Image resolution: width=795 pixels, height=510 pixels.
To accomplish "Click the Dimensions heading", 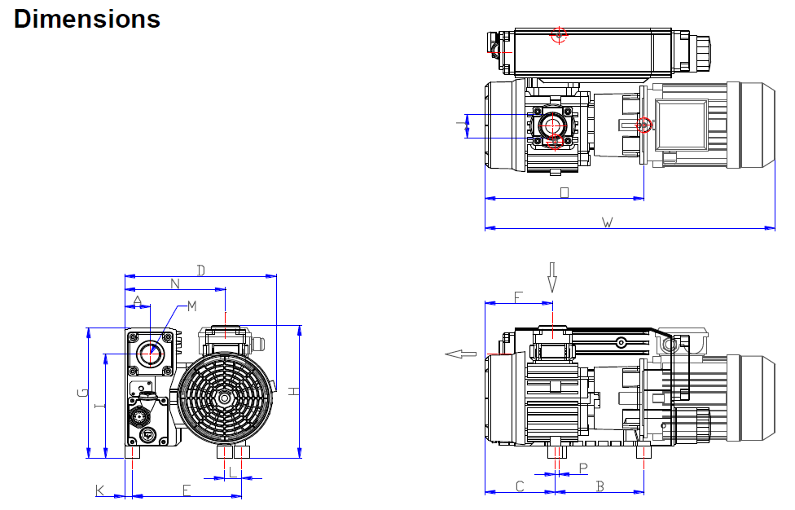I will click(x=87, y=19).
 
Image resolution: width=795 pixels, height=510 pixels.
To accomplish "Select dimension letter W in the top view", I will click(x=607, y=222).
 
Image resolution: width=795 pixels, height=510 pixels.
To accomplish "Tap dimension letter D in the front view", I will click(x=201, y=270).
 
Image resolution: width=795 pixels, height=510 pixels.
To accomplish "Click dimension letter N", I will click(x=175, y=284).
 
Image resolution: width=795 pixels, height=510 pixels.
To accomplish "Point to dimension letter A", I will click(x=138, y=301).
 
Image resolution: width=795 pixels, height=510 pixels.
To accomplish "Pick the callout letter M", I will click(x=191, y=306).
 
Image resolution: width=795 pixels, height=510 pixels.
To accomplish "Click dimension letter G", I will click(x=81, y=393).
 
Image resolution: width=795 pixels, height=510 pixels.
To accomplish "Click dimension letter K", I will click(x=100, y=490).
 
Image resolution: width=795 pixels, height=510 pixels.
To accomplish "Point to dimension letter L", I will click(x=232, y=471).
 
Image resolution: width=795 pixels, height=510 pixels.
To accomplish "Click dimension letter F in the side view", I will click(x=518, y=297).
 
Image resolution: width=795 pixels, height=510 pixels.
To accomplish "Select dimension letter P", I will click(x=582, y=468).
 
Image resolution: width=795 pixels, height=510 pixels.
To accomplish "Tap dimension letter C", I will click(x=520, y=486).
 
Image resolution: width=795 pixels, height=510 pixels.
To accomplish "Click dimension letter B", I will click(x=600, y=486).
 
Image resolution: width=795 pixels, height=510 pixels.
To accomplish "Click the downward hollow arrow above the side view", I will click(x=552, y=277).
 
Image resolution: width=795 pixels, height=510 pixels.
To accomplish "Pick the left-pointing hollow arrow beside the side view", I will click(x=461, y=354).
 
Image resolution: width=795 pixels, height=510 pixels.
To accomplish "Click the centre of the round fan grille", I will click(x=226, y=398).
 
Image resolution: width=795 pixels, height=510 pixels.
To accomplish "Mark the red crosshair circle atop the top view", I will click(x=559, y=34).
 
